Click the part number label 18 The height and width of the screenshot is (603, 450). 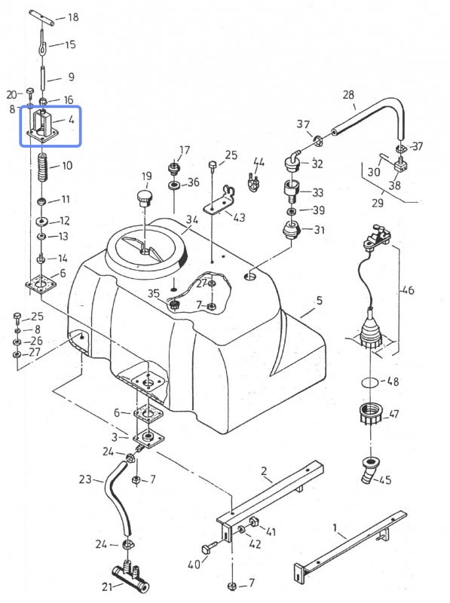click(73, 17)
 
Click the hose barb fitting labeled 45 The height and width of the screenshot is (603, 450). click(369, 468)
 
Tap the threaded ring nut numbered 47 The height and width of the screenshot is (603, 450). click(370, 415)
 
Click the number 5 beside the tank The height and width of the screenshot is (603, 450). click(319, 301)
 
